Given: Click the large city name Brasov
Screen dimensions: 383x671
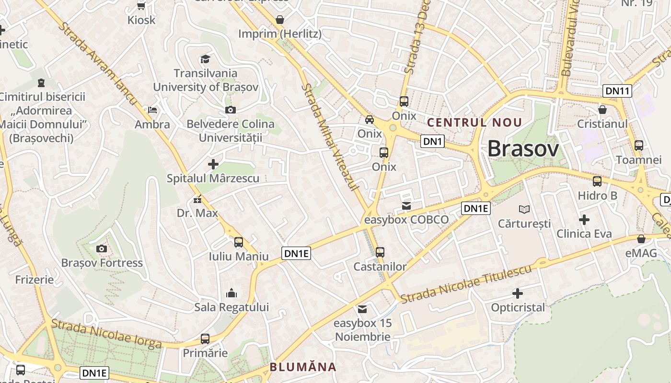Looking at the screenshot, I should pos(523,149).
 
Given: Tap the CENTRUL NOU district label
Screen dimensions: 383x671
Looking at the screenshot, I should pos(474,123).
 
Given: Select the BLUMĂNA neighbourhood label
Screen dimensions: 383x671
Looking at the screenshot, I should pos(303,367).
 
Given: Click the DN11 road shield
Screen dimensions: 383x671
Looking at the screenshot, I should pos(617,91).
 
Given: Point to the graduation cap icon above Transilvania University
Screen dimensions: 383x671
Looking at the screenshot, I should pos(205,59).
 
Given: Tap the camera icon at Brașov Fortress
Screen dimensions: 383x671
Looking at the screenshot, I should pos(101,248).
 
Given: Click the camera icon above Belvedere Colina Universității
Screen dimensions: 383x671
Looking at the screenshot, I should pos(231,110).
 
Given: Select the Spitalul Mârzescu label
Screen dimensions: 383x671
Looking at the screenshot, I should pos(213,179).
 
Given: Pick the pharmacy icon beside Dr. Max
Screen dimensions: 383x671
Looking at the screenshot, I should pos(197,200).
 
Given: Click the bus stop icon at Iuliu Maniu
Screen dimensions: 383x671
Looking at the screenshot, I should pos(239,242).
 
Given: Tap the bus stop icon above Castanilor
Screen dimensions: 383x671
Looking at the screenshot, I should pos(380,252).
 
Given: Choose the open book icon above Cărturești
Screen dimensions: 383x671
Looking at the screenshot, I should pos(525,209).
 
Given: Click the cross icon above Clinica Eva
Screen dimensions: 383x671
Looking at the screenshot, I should pos(584,220).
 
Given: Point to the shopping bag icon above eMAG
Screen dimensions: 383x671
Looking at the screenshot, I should pos(641,239).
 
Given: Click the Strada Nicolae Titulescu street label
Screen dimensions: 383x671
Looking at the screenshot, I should pos(466,284).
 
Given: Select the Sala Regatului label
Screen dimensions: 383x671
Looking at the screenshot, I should pos(231,307).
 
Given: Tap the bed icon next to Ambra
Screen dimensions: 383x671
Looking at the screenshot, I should pos(152,110).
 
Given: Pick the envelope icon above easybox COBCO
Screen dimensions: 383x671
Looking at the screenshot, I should pos(406,206).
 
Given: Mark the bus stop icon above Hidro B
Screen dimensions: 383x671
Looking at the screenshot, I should pos(597,181).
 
